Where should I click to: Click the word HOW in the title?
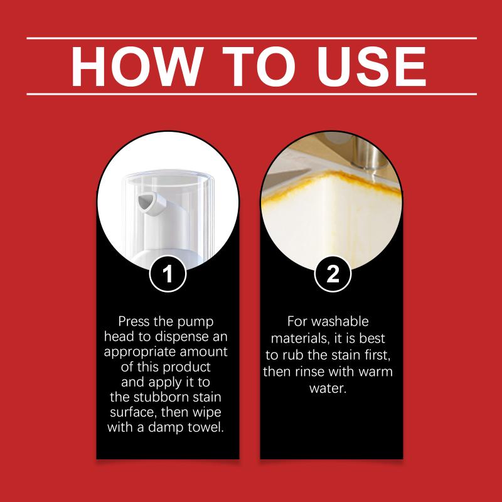pos(137,67)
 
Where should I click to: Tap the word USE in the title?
pos(371,67)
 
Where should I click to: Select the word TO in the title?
pos(259,67)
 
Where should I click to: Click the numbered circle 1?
pos(168,274)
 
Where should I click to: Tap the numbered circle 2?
pos(333,274)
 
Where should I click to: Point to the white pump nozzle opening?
pos(144,202)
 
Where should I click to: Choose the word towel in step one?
pos(206,427)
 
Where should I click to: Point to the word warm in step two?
pos(375,372)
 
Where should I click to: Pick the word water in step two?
pos(328,388)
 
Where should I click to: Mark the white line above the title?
pos(252,38)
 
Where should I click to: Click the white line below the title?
pos(252,94)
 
